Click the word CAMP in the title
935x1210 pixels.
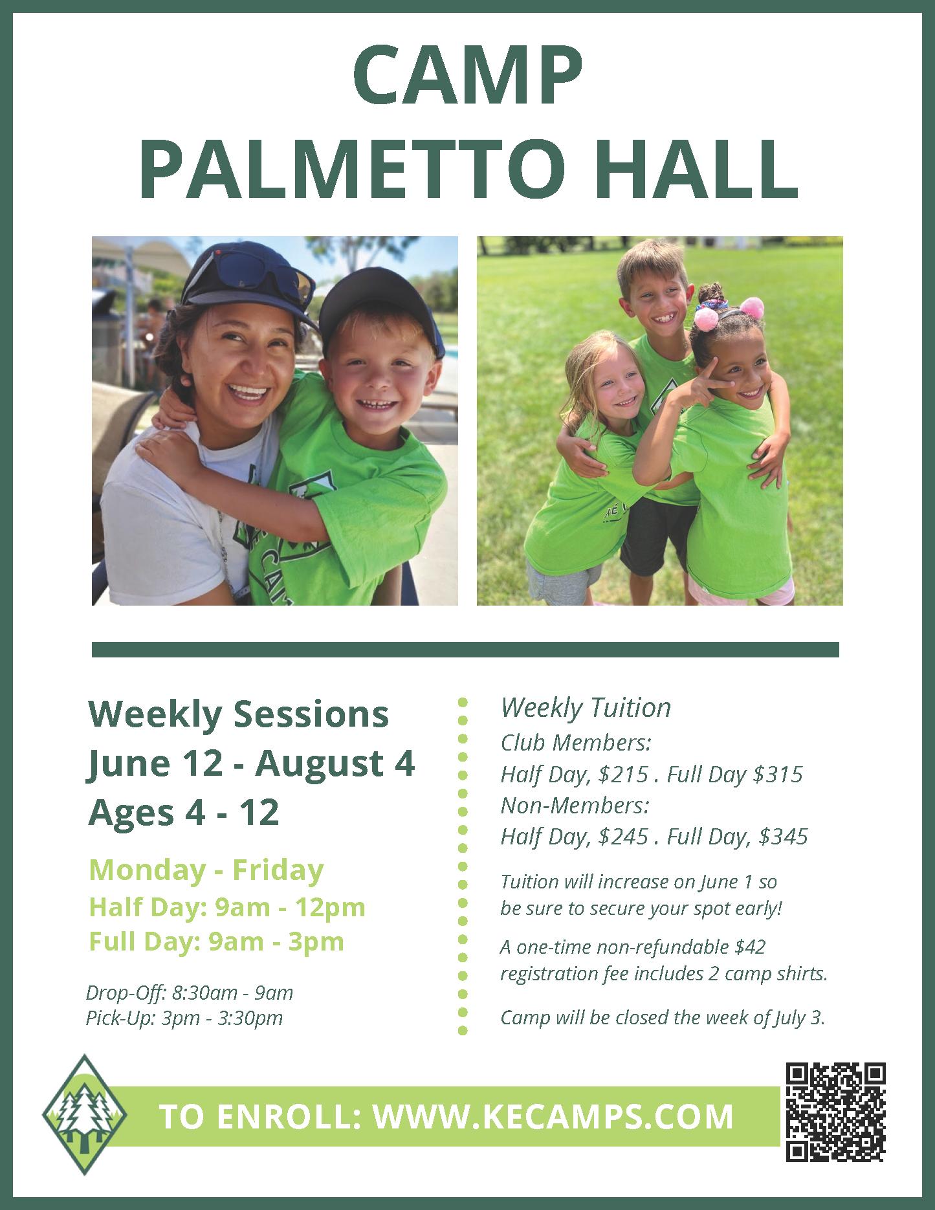point(467,76)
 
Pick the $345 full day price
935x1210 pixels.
point(783,837)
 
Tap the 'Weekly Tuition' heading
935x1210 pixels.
point(586,708)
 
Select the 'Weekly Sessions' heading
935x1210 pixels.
point(238,714)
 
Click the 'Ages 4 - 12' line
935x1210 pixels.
point(184,812)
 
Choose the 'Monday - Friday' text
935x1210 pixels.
point(206,870)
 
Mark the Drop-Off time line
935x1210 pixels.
point(190,992)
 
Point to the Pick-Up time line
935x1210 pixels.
point(184,1018)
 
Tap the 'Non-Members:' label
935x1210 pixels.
point(575,806)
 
